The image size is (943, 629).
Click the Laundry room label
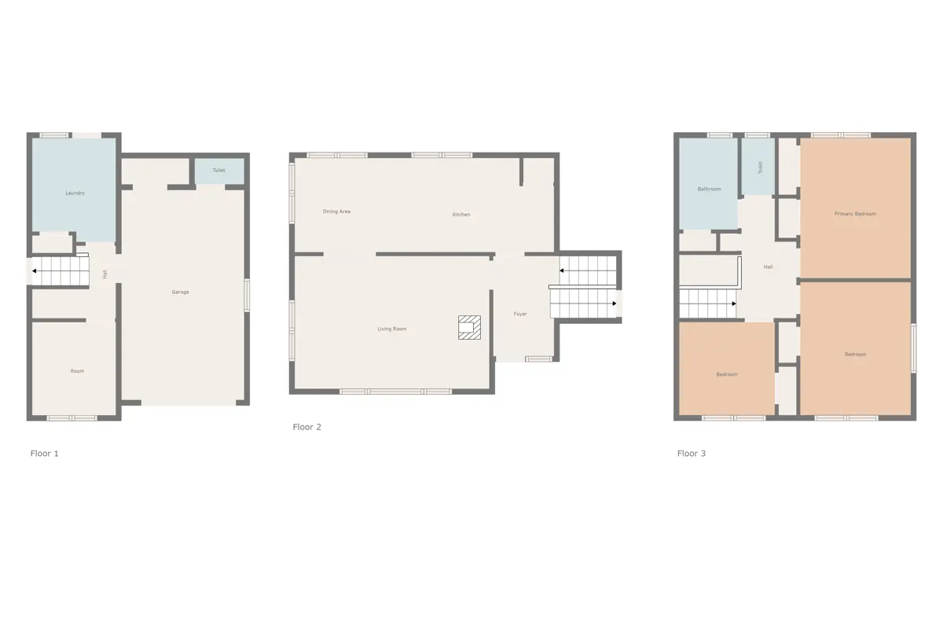click(75, 193)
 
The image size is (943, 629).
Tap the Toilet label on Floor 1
click(219, 170)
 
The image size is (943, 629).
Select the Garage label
click(180, 292)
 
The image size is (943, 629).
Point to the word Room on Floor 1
click(78, 371)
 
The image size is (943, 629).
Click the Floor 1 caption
click(44, 454)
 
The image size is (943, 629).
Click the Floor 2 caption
click(307, 427)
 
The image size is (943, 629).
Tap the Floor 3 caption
click(692, 454)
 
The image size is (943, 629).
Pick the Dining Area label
click(336, 212)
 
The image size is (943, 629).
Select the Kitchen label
click(461, 215)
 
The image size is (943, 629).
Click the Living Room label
click(392, 329)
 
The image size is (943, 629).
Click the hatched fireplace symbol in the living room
click(469, 327)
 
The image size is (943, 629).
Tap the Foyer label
click(520, 314)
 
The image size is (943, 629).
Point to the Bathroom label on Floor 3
click(710, 189)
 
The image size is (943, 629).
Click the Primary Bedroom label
click(856, 214)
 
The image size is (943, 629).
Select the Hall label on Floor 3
click(769, 267)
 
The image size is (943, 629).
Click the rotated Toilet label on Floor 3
click(761, 167)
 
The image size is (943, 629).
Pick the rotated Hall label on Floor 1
click(105, 274)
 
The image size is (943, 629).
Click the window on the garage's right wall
click(247, 295)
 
